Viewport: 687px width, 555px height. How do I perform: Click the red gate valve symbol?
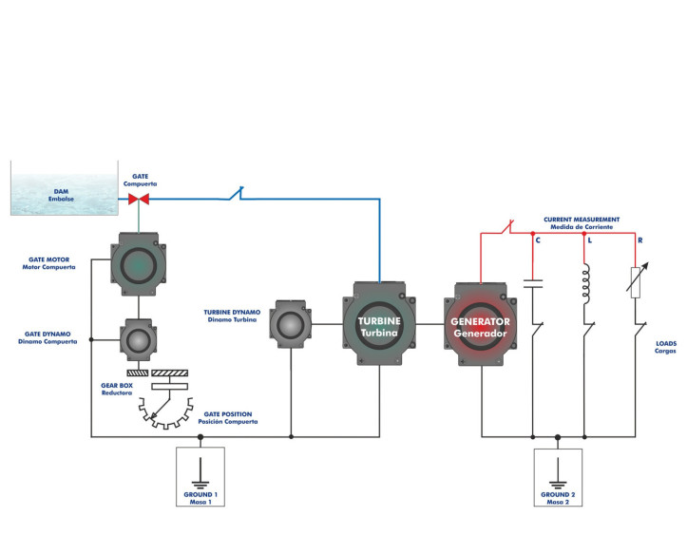pos(139,200)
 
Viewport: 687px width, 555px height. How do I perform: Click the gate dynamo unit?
pos(139,338)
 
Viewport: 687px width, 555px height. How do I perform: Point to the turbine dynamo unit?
pos(291,325)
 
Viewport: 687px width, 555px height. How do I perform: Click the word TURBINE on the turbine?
pos(379,321)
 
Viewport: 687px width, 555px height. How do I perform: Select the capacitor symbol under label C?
pos(534,283)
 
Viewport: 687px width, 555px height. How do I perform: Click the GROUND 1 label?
pos(200,495)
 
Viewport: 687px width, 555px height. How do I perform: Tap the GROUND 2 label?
pos(558,495)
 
